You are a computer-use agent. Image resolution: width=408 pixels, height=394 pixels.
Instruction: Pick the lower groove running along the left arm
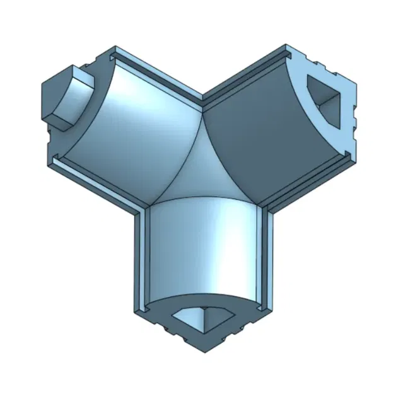pos(95,178)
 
